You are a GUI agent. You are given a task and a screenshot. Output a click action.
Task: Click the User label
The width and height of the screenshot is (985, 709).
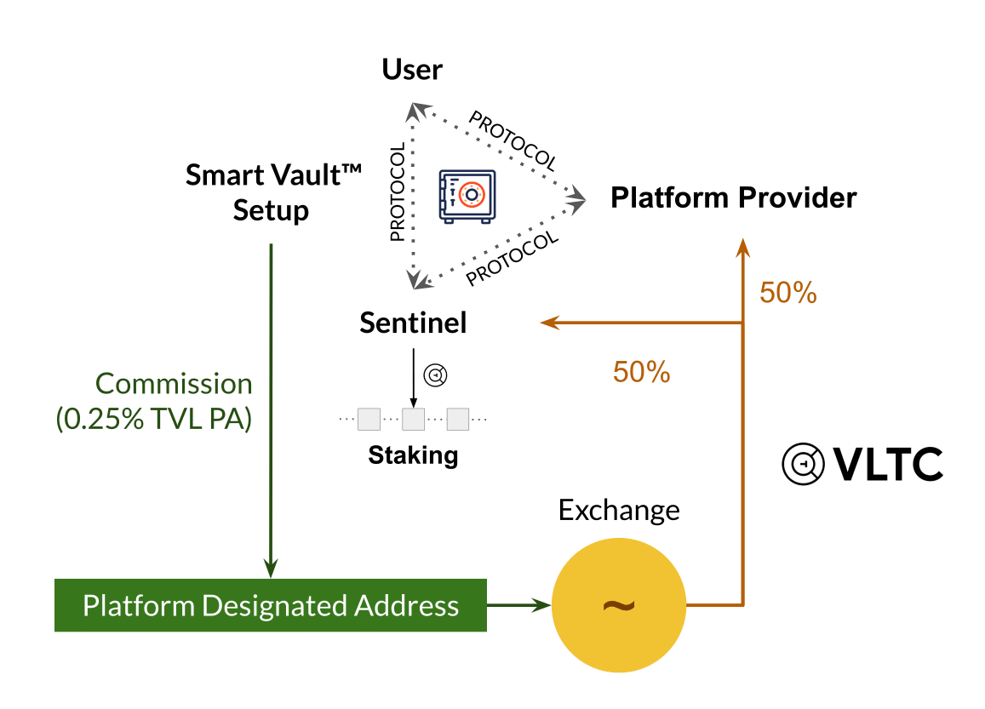[x=412, y=69]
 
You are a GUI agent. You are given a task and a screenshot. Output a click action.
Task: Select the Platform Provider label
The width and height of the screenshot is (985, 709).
[x=734, y=198]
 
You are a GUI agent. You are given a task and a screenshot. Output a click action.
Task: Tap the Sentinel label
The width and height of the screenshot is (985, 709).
[x=413, y=323]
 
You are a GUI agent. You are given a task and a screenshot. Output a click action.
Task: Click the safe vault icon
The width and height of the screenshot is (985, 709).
[x=467, y=197]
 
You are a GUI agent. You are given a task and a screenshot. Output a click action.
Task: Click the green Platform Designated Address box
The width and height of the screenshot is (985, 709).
[x=270, y=606]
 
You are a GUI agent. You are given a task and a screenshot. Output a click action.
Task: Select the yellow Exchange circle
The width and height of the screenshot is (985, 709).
[x=619, y=606]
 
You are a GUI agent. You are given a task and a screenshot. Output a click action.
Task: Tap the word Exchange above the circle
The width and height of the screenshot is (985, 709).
[x=619, y=511]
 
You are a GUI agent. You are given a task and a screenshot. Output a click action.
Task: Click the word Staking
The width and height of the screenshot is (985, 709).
[x=413, y=455]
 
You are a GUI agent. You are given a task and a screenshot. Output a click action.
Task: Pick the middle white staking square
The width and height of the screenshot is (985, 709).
[x=414, y=419]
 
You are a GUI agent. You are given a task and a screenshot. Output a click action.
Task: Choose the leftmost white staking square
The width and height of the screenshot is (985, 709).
[x=369, y=419]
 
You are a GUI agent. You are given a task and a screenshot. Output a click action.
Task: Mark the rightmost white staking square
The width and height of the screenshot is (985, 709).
[x=458, y=419]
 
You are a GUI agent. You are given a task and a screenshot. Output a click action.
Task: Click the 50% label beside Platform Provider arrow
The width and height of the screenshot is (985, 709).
[x=788, y=293]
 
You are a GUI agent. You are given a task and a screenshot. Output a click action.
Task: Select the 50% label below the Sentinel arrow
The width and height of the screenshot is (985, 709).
[x=642, y=371]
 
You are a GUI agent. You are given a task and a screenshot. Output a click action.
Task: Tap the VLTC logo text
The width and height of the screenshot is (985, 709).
[x=887, y=465]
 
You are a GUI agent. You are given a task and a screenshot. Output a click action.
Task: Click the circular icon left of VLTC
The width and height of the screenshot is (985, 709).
[x=803, y=465]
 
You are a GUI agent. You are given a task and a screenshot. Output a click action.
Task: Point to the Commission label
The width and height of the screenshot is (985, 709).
[x=175, y=384]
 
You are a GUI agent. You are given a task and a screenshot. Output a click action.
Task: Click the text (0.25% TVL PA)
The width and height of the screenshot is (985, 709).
[x=154, y=420]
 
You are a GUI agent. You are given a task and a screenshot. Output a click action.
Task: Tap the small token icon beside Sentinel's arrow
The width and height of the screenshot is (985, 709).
[x=437, y=375]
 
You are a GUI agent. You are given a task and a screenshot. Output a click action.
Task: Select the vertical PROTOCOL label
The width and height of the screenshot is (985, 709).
[x=397, y=192]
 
